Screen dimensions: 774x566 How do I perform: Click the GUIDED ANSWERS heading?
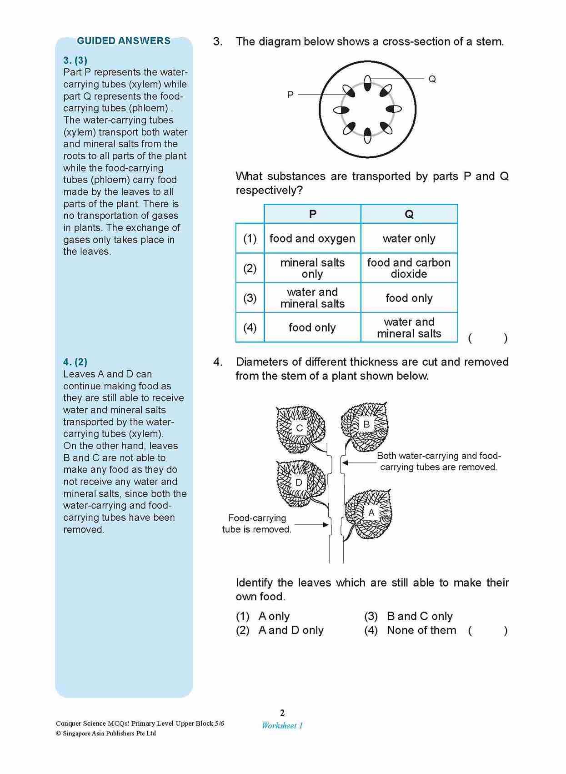pyautogui.click(x=124, y=41)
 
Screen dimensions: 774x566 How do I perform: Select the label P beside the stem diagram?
pyautogui.click(x=290, y=95)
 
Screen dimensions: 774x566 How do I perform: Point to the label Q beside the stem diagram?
pyautogui.click(x=432, y=79)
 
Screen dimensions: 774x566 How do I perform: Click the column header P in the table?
pyautogui.click(x=312, y=214)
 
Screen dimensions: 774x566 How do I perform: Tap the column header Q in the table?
pyautogui.click(x=409, y=214)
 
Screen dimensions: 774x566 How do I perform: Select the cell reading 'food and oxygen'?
pyautogui.click(x=312, y=238)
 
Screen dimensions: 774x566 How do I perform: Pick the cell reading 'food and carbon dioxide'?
pyautogui.click(x=409, y=268)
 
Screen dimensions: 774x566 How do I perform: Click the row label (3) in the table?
pyautogui.click(x=250, y=298)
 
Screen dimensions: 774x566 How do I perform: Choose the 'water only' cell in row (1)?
pyautogui.click(x=409, y=238)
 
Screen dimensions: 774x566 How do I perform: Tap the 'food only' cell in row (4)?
pyautogui.click(x=312, y=327)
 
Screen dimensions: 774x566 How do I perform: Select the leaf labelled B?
pyautogui.click(x=366, y=425)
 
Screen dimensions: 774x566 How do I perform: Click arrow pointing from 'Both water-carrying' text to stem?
pyautogui.click(x=359, y=462)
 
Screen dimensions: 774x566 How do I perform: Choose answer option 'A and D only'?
pyautogui.click(x=291, y=630)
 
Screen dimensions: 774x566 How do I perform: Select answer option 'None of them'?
pyautogui.click(x=421, y=630)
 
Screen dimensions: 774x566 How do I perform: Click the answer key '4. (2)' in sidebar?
pyautogui.click(x=75, y=362)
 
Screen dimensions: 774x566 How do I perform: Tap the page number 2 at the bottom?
pyautogui.click(x=282, y=713)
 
